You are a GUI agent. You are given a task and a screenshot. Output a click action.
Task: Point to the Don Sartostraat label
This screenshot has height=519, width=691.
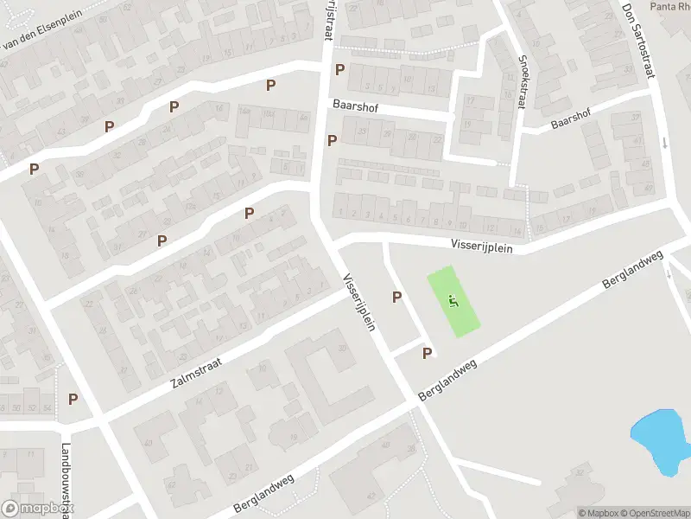point(637,41)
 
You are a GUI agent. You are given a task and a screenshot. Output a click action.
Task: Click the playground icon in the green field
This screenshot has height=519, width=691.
point(453,302)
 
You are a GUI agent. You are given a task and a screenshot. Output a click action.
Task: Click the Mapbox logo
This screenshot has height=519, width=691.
point(35,509)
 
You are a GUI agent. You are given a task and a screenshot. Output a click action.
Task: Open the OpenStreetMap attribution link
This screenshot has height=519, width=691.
point(652,513)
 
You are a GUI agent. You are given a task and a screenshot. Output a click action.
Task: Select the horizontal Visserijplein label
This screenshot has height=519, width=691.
point(480,247)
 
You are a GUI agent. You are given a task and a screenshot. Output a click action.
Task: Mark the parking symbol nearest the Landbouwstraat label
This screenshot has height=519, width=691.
point(73,399)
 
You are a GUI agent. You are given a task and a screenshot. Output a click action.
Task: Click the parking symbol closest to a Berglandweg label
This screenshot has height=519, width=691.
point(427,353)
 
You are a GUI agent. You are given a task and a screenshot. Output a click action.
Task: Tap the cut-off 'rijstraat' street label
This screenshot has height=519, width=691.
point(328,19)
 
